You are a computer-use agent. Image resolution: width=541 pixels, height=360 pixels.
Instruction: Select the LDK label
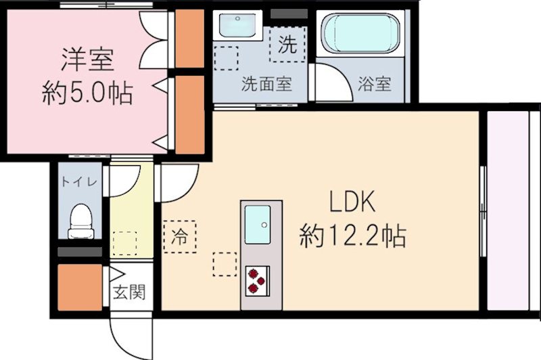(352, 202)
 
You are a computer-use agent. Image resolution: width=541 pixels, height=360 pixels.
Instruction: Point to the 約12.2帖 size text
(352, 235)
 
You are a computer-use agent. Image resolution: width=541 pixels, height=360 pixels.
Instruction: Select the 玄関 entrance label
(128, 294)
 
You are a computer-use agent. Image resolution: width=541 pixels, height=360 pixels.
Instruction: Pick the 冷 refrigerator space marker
(179, 238)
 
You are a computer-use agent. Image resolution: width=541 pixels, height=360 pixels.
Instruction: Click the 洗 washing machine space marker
(287, 44)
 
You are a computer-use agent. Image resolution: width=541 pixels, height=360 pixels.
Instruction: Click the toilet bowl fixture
(80, 220)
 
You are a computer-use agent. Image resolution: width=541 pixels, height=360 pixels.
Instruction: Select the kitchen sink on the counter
(258, 224)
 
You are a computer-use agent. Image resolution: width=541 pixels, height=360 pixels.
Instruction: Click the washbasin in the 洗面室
(235, 27)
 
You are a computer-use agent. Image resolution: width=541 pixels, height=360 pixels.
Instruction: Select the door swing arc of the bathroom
(331, 81)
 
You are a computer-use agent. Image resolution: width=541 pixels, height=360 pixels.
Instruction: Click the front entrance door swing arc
(132, 335)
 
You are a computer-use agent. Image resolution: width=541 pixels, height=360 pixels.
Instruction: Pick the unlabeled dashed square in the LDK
(224, 264)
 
